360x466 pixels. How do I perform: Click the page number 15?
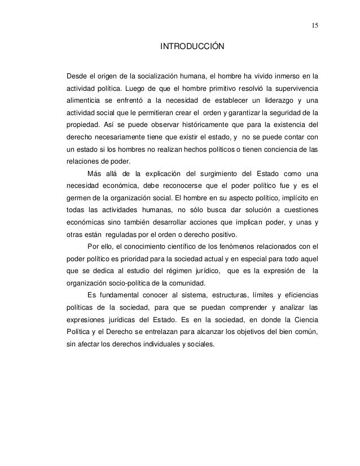point(314,26)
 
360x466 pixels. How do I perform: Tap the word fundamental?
point(120,296)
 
